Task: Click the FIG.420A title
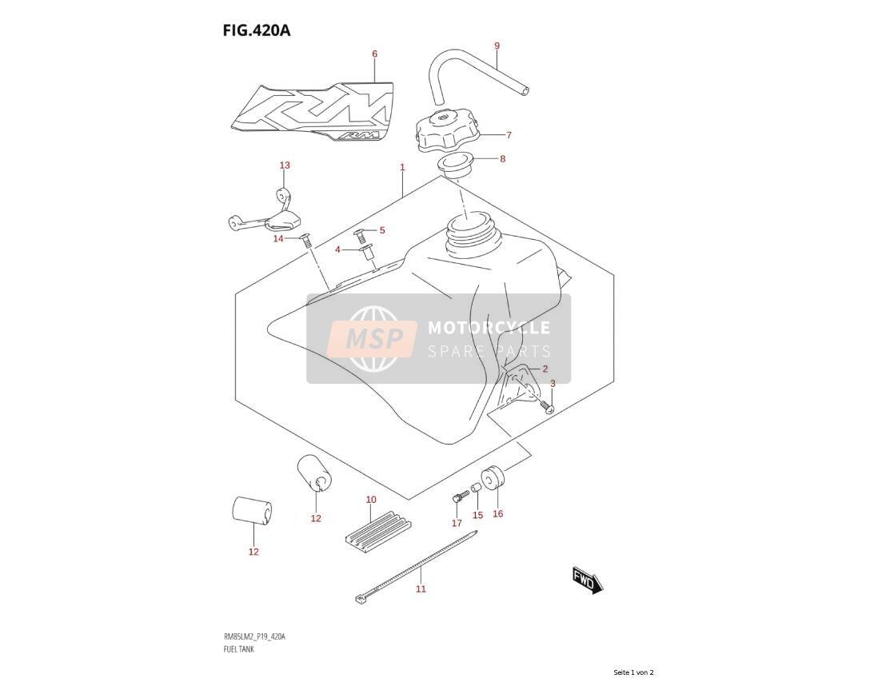[x=257, y=30]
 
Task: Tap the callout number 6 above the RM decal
[x=374, y=54]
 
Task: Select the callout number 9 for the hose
[x=497, y=46]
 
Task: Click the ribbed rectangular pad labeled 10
[x=378, y=529]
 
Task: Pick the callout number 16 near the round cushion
[x=498, y=514]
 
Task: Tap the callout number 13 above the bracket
[x=285, y=166]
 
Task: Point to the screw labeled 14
[x=306, y=241]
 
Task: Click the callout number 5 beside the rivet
[x=382, y=230]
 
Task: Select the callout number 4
[x=337, y=249]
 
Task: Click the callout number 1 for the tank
[x=402, y=167]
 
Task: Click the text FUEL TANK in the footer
[x=238, y=649]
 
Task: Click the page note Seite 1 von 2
[x=633, y=672]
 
